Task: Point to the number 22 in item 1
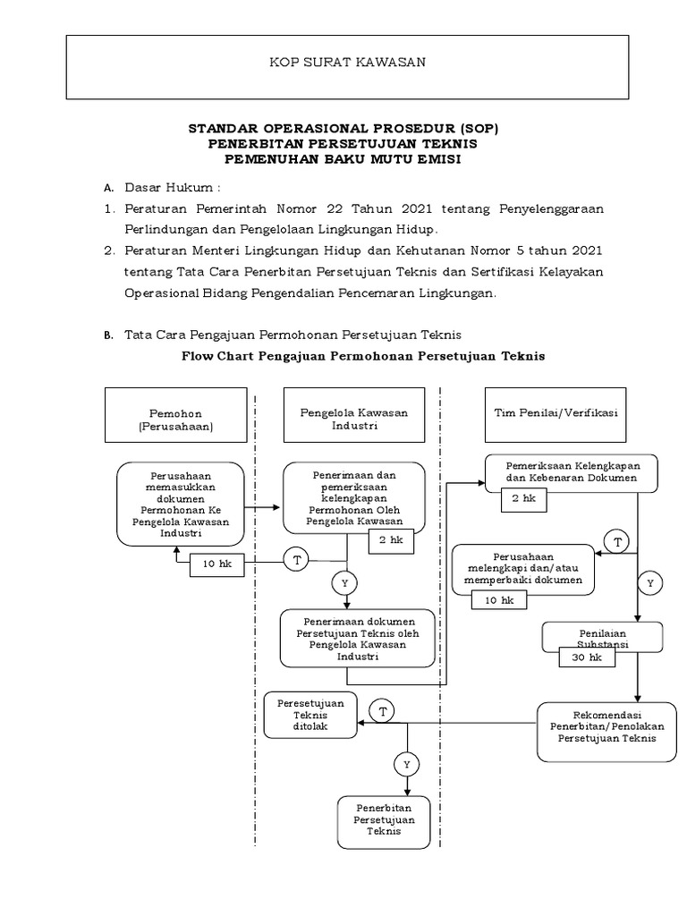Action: point(339,208)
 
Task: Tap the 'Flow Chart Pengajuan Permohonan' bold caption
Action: point(362,355)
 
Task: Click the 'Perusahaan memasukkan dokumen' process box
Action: point(180,503)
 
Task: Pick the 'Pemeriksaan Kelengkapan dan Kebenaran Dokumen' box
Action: point(571,472)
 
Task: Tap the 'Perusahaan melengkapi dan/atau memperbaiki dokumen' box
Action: point(522,572)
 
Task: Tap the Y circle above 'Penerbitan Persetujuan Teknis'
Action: point(406,765)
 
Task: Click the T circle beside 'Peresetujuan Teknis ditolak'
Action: point(383,712)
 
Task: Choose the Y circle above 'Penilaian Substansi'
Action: point(650,583)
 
